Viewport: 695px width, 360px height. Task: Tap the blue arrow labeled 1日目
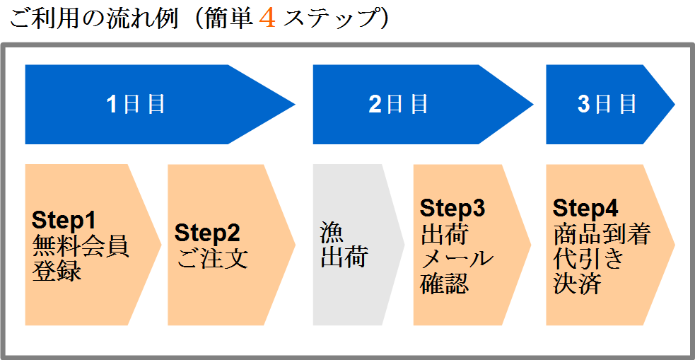[x=160, y=105]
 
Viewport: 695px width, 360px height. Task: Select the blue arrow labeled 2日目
[x=423, y=105]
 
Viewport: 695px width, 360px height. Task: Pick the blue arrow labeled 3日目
[x=610, y=105]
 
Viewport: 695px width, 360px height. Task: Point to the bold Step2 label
[x=207, y=233]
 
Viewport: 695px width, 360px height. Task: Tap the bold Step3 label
[x=452, y=208]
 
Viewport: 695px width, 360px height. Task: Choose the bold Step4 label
[x=585, y=208]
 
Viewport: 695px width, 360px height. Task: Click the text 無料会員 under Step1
[x=81, y=246]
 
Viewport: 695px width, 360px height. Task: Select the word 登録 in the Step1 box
[x=57, y=270]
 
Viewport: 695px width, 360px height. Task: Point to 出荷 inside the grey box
[x=344, y=257]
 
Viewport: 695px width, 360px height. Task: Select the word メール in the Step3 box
[x=456, y=258]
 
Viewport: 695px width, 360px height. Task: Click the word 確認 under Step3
[x=444, y=282]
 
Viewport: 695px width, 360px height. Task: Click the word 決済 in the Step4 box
[x=577, y=282]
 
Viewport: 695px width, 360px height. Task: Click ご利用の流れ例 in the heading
[x=93, y=20]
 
